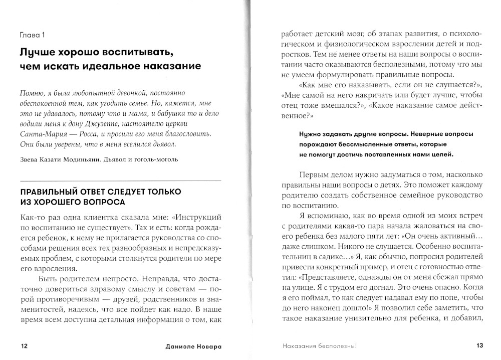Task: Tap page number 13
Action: pyautogui.click(x=478, y=345)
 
